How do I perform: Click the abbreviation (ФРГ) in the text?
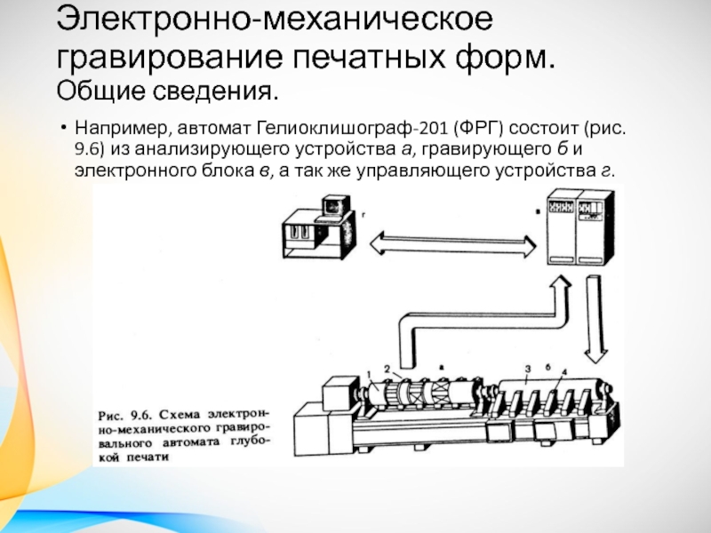[477, 128]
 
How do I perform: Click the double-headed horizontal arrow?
[452, 245]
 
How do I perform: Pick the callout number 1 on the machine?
[369, 375]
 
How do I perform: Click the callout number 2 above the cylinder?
[387, 369]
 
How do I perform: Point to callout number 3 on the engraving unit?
[528, 369]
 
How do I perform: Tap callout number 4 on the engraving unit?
[563, 372]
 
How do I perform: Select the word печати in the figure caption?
[147, 457]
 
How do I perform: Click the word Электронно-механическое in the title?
[275, 20]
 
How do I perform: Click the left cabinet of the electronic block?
[561, 227]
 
